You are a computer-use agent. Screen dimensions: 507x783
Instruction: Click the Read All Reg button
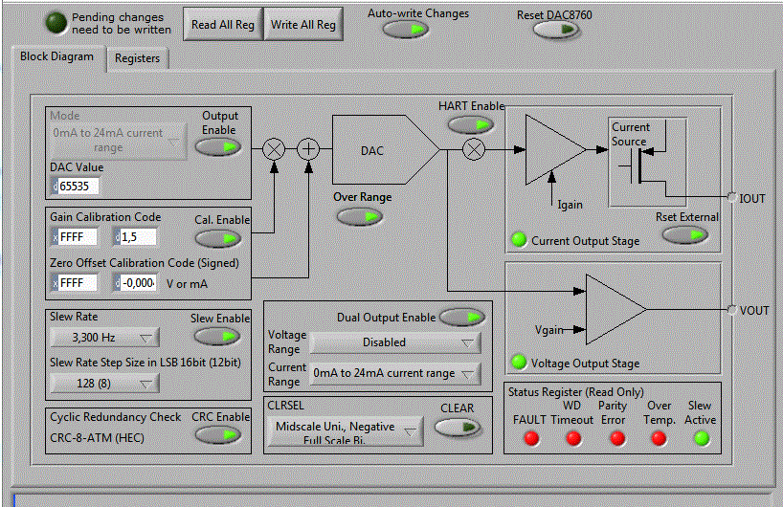223,25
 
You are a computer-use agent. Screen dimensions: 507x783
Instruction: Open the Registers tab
137,58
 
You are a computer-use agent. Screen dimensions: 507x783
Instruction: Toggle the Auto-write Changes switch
406,29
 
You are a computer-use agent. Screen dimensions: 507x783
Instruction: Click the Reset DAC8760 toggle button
556,29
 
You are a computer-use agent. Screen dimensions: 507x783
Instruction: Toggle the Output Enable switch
218,146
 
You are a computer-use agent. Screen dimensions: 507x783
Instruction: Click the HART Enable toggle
470,124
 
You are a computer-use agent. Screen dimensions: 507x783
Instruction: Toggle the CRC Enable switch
218,433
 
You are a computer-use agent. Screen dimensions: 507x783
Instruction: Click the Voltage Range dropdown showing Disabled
395,342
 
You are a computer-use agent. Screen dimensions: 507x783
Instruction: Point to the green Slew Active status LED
701,438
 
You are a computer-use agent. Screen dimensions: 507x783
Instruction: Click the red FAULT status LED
530,438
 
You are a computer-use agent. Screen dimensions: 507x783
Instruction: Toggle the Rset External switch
685,234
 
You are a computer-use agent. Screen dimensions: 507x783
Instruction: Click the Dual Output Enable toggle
461,318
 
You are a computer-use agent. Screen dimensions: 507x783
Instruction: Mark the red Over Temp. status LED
659,438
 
